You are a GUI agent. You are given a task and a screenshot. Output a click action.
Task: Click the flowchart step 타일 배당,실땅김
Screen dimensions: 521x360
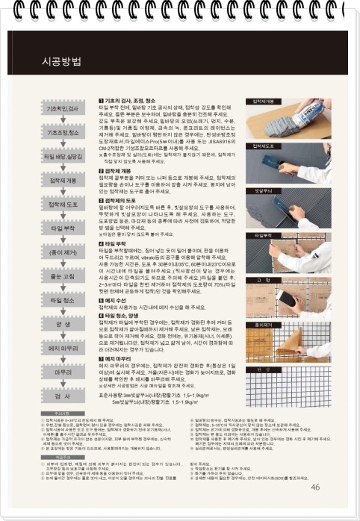pyautogui.click(x=63, y=157)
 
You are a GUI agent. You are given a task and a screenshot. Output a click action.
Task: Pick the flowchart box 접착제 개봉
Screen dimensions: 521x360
pyautogui.click(x=63, y=181)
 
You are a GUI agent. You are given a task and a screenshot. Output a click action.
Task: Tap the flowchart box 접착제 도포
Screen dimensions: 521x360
pyautogui.click(x=63, y=205)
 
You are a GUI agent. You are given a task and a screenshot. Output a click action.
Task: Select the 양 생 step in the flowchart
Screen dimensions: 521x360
pyautogui.click(x=63, y=325)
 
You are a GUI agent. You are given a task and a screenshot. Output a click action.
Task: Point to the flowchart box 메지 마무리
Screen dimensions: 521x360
pyautogui.click(x=63, y=348)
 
